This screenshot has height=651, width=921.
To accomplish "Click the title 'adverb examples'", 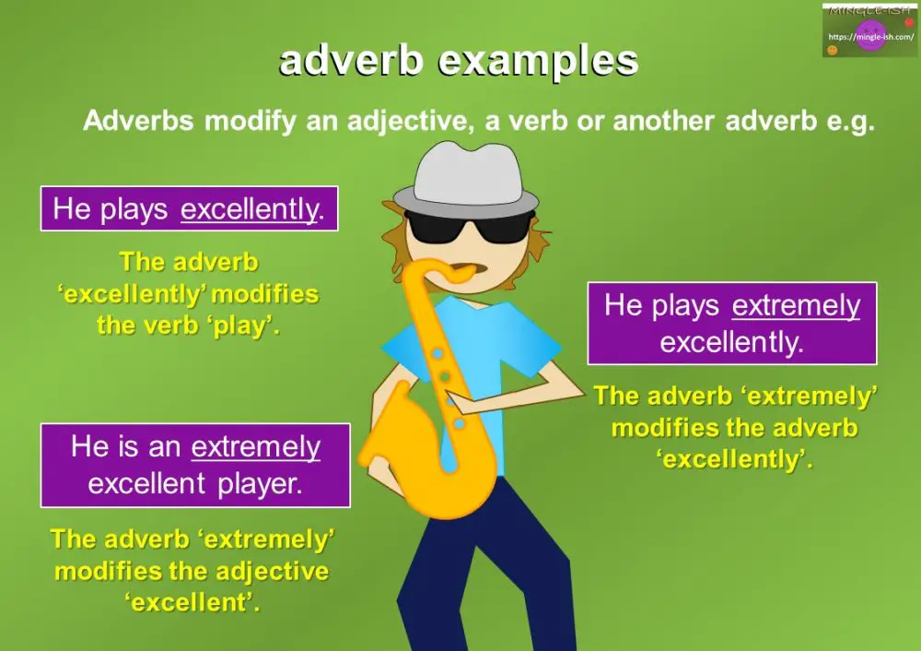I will click(459, 61).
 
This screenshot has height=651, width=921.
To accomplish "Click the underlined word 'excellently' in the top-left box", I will click(249, 209).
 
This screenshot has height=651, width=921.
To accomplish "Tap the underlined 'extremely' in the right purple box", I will click(796, 305).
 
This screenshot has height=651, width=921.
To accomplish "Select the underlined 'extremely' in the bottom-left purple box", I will click(256, 447).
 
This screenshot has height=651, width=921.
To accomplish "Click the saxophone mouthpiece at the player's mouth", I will click(465, 269).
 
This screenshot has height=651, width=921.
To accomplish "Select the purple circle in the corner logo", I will click(870, 36).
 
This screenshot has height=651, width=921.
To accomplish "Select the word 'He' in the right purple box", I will click(623, 305).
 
